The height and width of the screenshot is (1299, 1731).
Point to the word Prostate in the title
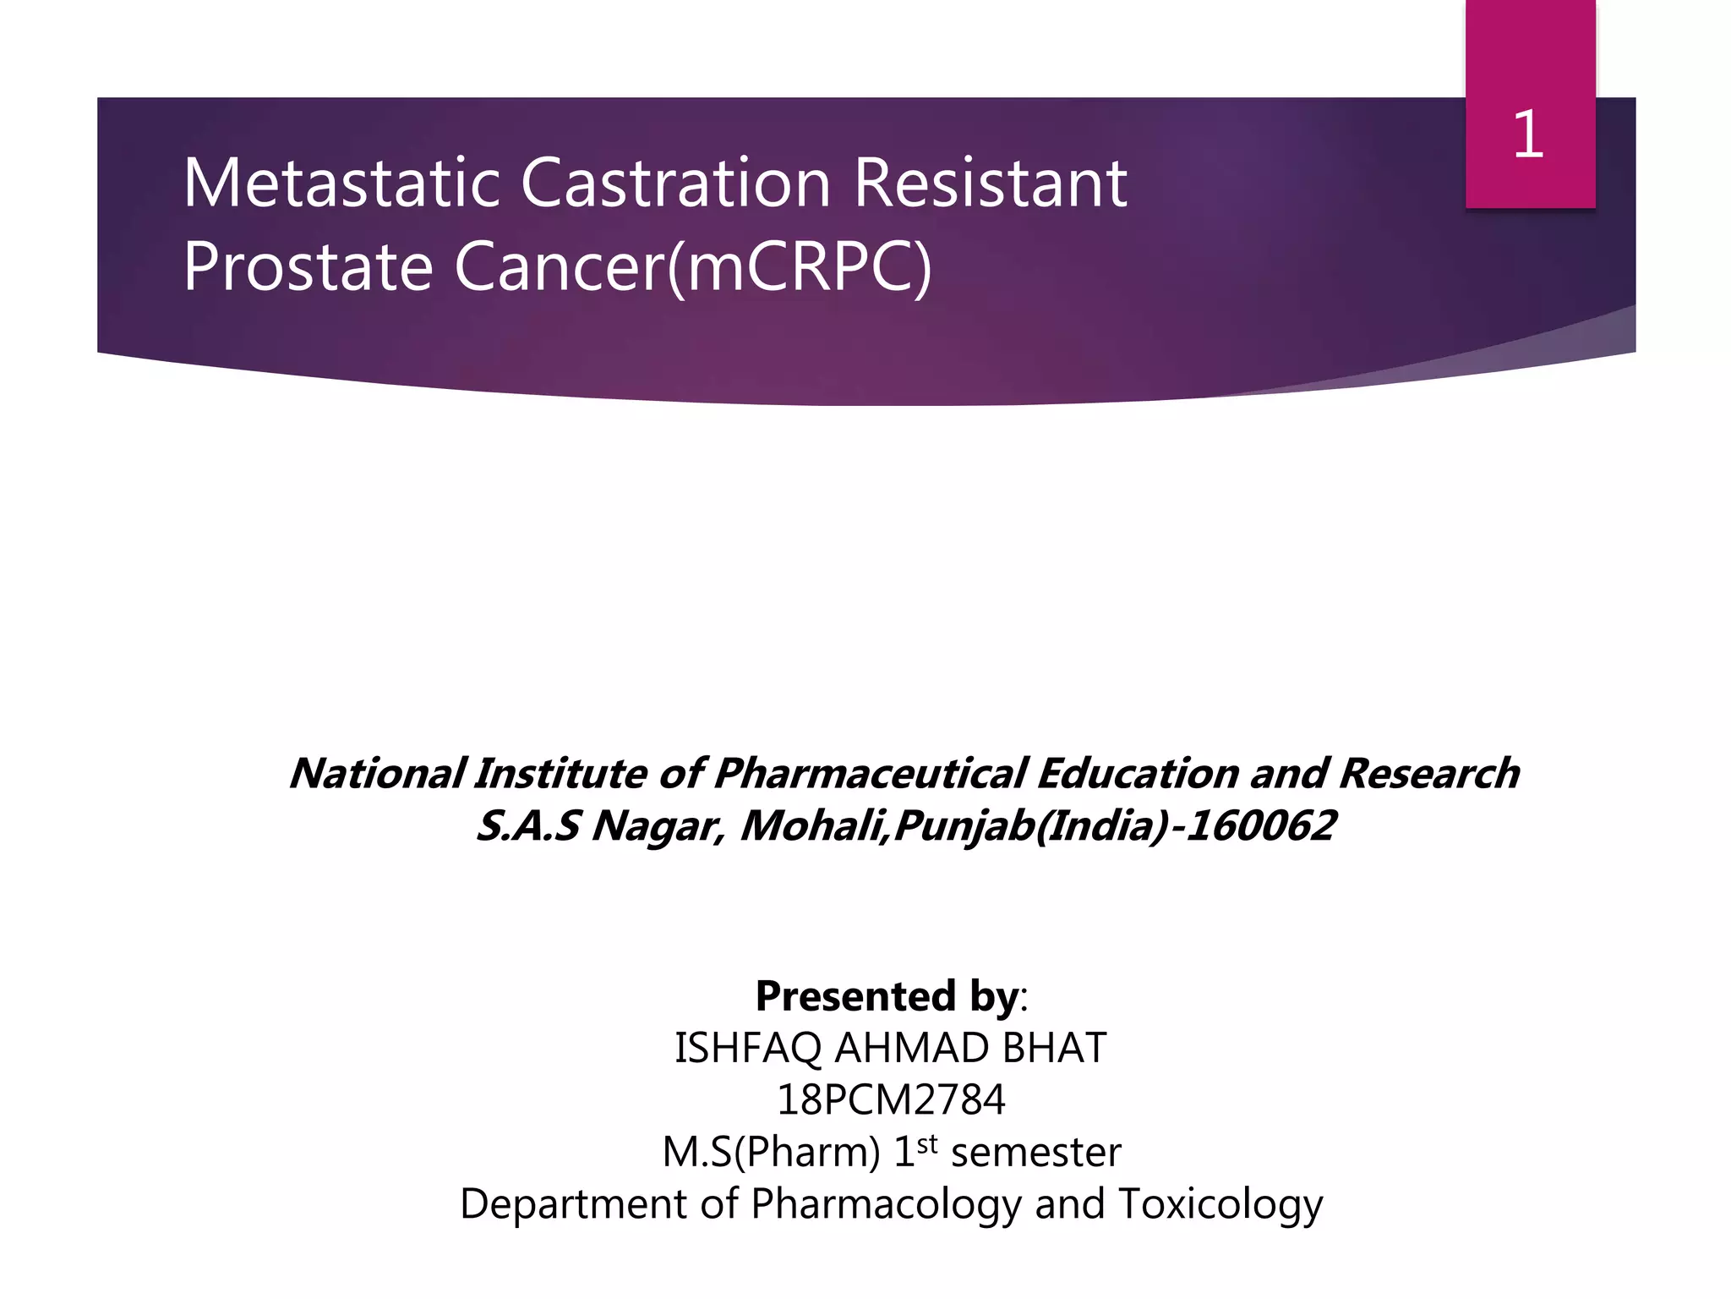(309, 266)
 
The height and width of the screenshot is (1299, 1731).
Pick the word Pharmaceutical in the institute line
(871, 773)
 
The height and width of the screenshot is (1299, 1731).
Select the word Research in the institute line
(1428, 773)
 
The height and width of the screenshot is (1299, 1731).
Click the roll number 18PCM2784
(891, 1100)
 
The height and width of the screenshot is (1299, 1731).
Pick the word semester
(1036, 1153)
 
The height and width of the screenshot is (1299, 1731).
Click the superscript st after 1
(927, 1143)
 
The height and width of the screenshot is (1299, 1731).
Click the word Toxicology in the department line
(1220, 1204)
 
